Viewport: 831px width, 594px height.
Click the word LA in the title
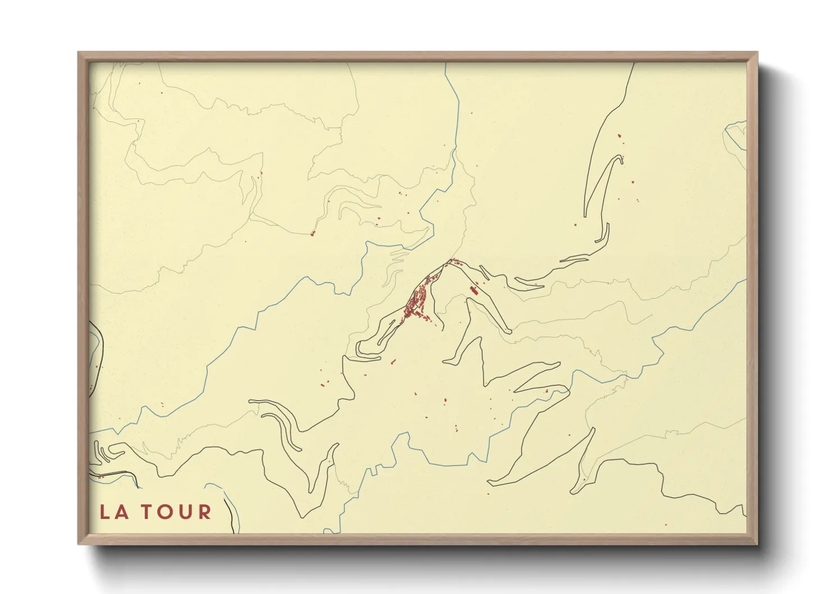(115, 512)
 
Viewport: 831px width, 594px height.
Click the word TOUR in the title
(176, 512)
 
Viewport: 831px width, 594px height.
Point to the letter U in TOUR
(186, 512)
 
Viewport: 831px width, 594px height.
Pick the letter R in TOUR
(204, 512)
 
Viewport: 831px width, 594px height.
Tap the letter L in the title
(105, 512)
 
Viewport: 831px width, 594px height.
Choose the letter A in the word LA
(121, 512)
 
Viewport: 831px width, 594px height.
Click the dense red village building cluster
(416, 303)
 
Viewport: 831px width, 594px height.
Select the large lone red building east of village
(473, 291)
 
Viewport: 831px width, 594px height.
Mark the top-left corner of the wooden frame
(79, 53)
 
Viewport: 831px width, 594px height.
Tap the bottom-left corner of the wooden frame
(79, 543)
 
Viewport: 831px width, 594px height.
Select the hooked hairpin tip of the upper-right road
(620, 158)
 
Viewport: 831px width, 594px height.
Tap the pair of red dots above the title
(101, 477)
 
